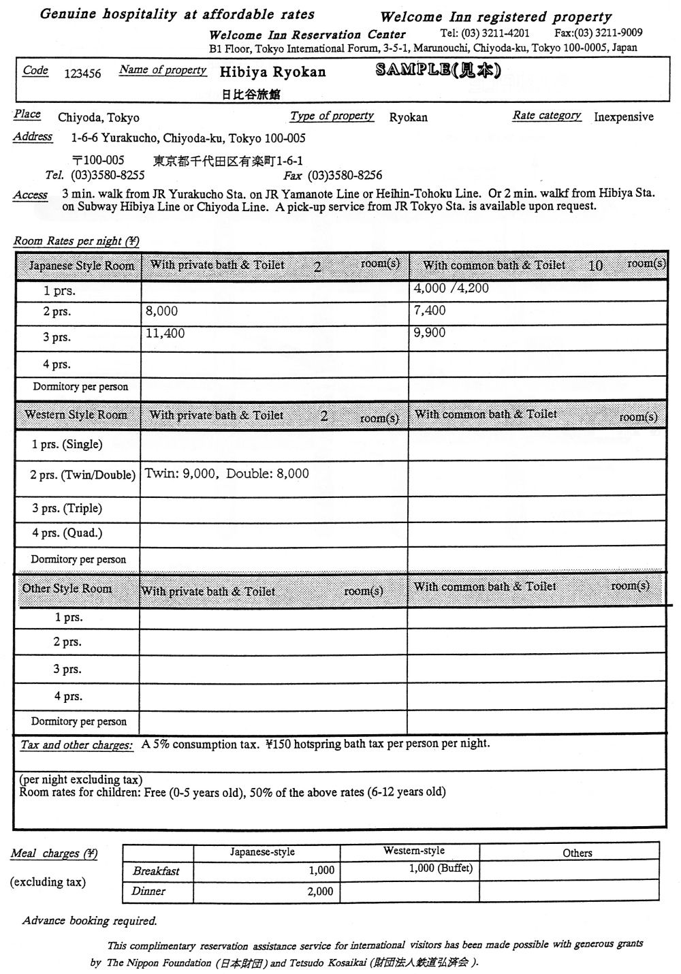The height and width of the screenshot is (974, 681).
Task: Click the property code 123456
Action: click(82, 74)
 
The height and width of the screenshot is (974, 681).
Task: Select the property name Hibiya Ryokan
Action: click(272, 72)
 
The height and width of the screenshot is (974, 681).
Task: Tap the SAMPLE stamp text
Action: click(439, 71)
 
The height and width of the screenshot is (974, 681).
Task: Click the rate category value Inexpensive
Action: click(623, 116)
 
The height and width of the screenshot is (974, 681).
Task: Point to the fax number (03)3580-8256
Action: click(345, 175)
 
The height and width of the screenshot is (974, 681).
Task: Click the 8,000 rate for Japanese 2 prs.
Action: click(162, 311)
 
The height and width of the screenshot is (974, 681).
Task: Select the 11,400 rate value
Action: click(165, 334)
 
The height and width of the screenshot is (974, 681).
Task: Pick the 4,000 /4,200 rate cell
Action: click(451, 288)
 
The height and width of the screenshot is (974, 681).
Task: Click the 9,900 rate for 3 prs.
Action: click(430, 332)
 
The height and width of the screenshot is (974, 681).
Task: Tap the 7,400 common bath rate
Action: click(430, 311)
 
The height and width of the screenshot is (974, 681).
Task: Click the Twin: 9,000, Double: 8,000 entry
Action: click(227, 473)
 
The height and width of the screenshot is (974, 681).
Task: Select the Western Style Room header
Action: click(76, 415)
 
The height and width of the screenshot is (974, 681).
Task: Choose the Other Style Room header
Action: click(67, 588)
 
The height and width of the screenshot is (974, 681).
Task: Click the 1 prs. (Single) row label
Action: click(67, 445)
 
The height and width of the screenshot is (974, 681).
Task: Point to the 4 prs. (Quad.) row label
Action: click(67, 533)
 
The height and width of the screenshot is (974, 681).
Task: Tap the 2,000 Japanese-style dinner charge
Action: click(321, 892)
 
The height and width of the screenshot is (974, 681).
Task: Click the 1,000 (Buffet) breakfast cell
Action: click(441, 868)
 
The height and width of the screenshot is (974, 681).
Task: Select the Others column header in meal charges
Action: click(577, 853)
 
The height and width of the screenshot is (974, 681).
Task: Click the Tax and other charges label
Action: click(76, 745)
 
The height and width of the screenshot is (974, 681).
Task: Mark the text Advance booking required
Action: click(90, 921)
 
